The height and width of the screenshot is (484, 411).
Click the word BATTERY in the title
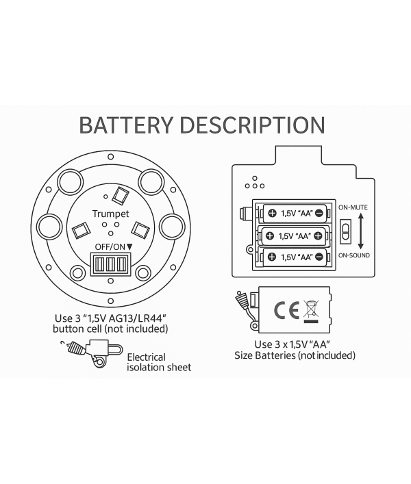pos(125,125)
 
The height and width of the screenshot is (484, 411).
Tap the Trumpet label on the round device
pos(110,214)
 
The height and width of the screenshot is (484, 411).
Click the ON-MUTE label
pos(354,205)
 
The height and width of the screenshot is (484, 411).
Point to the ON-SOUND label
pos(354,255)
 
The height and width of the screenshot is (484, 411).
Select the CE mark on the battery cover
pos(284,311)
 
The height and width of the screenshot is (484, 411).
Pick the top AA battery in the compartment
pos(295,213)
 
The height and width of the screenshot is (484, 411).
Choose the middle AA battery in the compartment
pos(295,236)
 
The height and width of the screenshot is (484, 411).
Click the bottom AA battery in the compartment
pos(295,257)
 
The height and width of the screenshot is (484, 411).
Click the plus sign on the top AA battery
pos(272,213)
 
